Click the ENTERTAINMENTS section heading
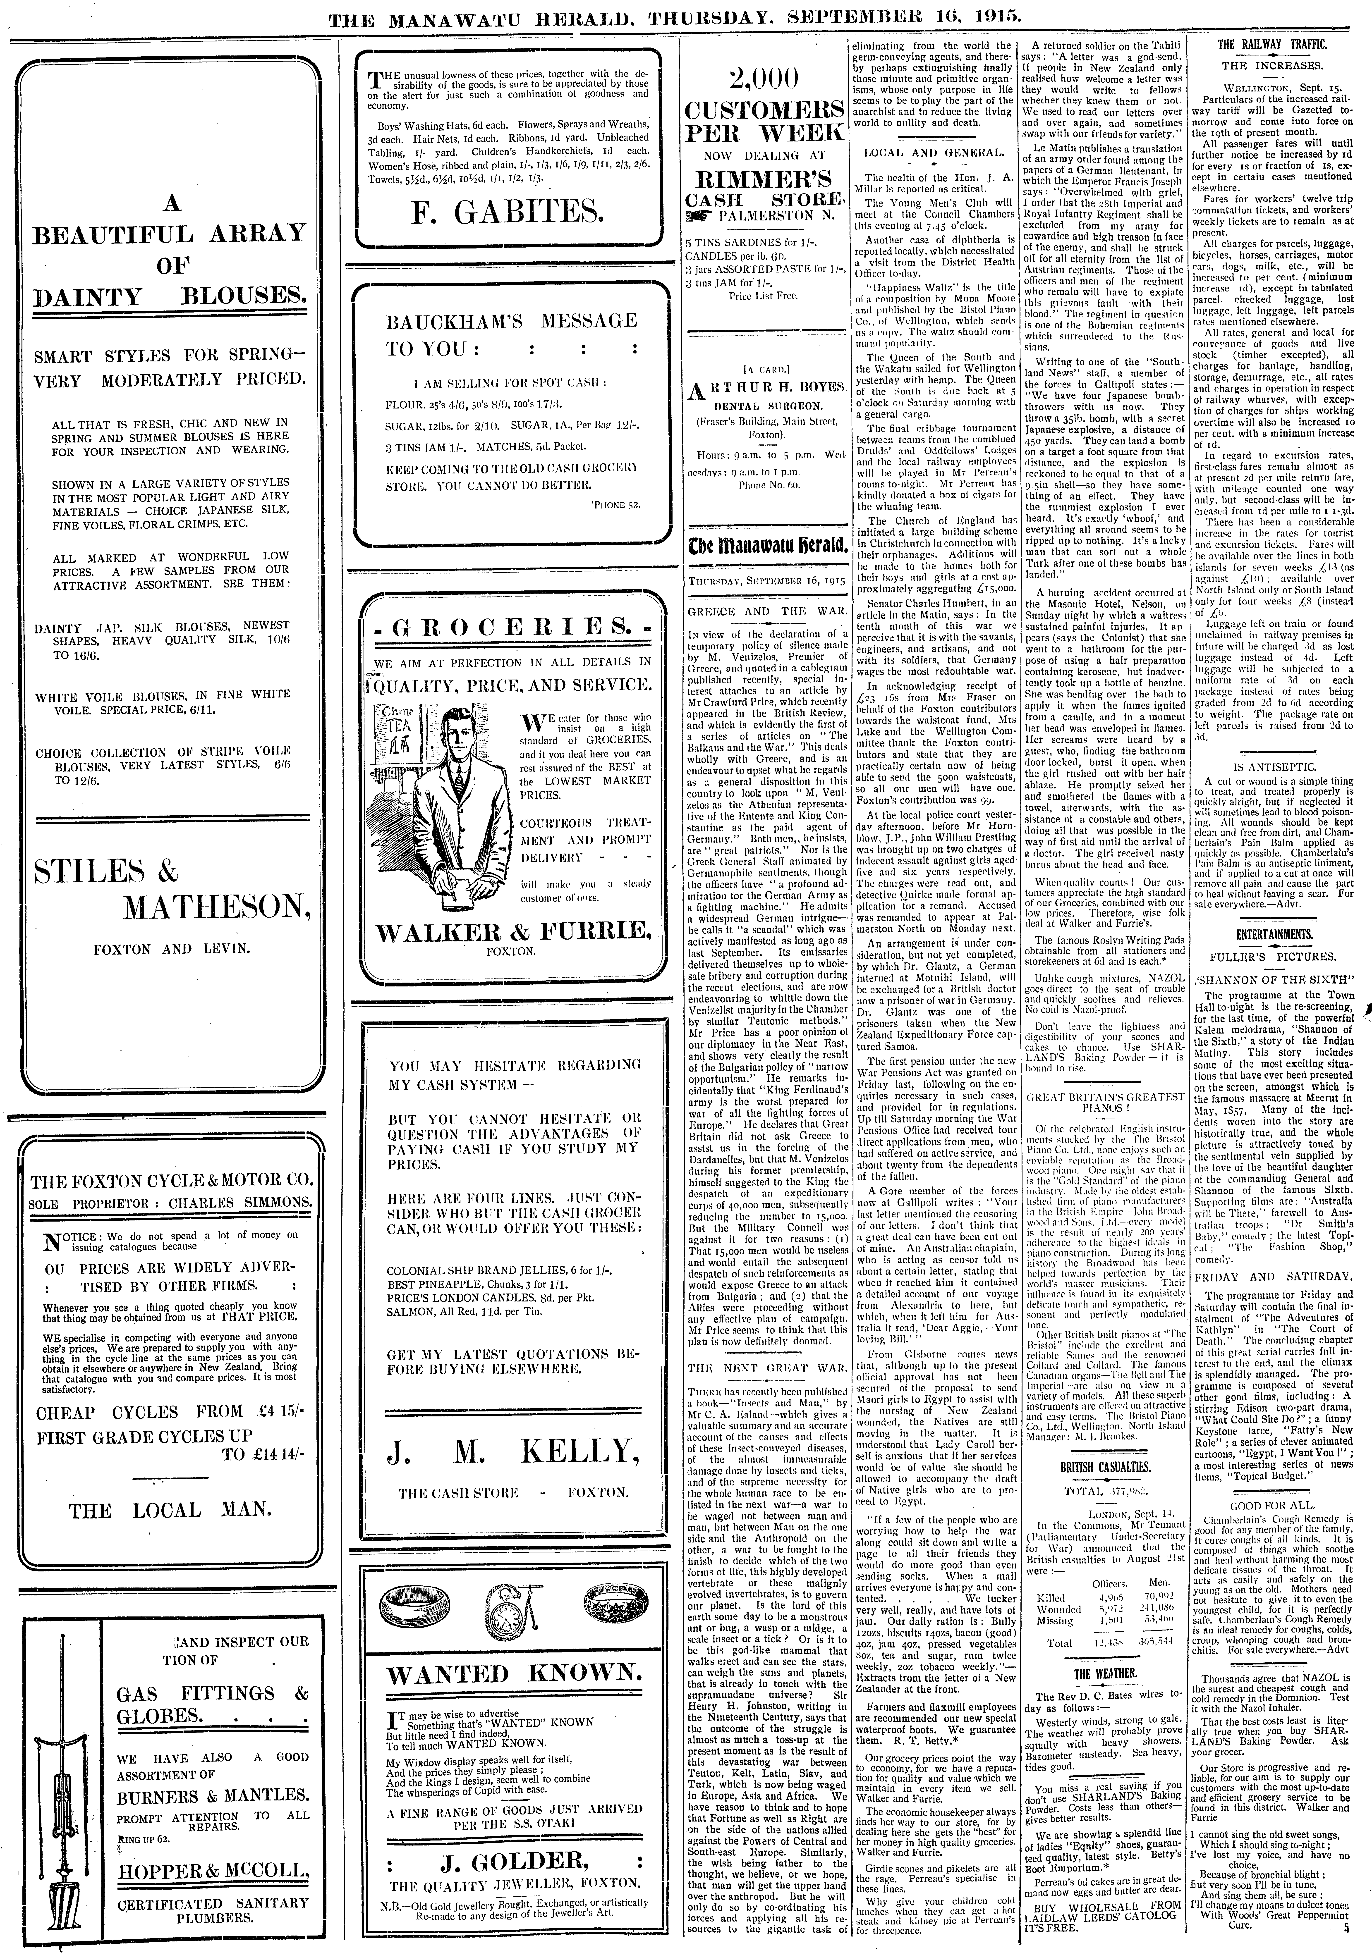[1271, 934]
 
